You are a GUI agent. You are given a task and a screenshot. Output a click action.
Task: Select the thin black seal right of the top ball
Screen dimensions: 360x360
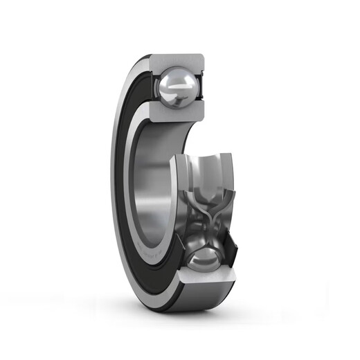[203, 87]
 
